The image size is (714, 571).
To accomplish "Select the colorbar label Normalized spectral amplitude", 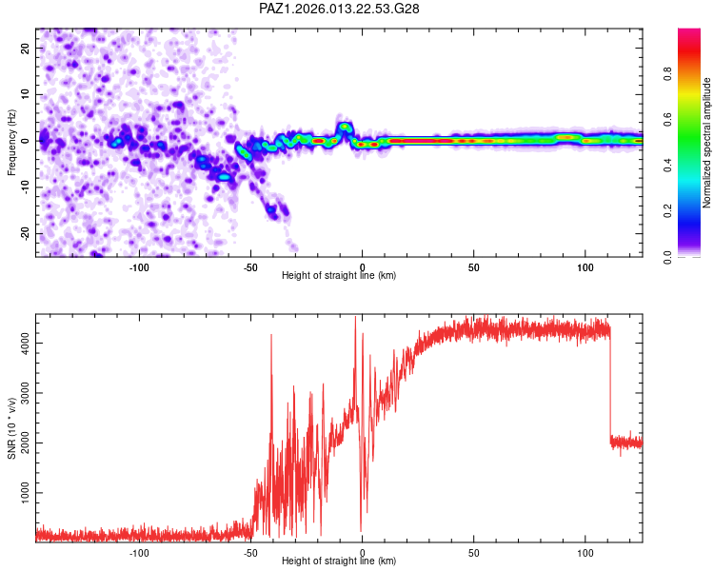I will coord(707,143).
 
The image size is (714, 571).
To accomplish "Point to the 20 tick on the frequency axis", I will coord(27,48).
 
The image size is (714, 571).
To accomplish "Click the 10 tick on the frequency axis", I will coord(27,94).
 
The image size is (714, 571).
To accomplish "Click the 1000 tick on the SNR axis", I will coord(21,494).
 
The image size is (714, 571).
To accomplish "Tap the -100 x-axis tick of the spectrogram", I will coord(140,266).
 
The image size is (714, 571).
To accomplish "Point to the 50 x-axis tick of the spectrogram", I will coord(473,266).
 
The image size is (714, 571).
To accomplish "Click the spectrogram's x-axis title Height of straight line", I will coord(339,275).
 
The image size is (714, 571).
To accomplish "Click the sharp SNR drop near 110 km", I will coord(610,381).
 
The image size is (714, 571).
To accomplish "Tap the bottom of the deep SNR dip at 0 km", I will coord(361,529).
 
